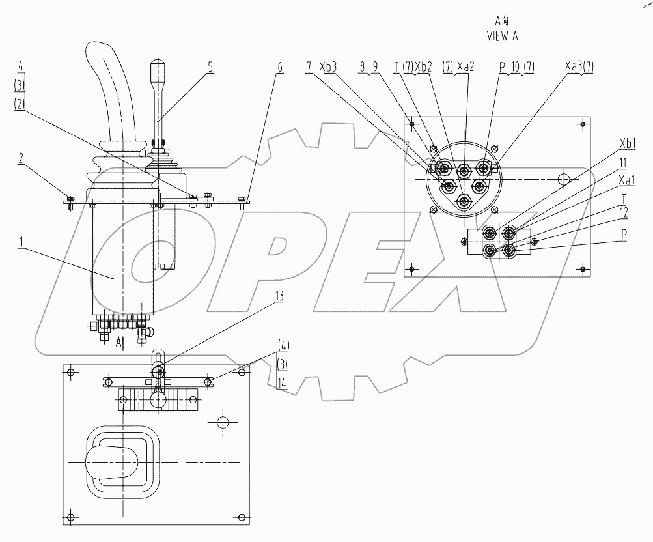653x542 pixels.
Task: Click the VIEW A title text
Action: [x=502, y=36]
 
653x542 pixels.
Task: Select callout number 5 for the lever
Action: [x=210, y=66]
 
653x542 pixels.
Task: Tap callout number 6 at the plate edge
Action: [x=279, y=66]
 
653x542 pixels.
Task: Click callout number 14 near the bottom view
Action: [x=281, y=385]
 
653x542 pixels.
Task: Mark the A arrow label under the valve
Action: [x=120, y=341]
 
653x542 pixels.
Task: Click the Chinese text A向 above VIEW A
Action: [x=501, y=21]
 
